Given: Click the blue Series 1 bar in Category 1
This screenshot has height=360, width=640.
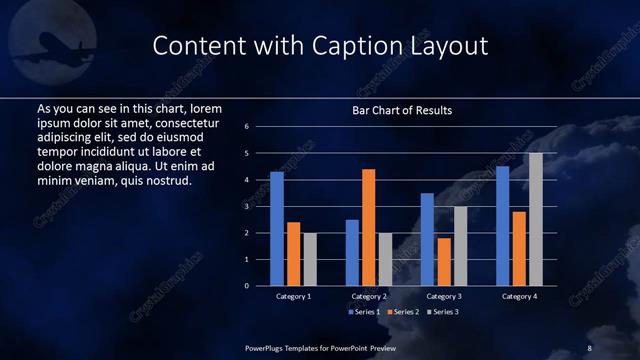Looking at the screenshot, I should point(277,229).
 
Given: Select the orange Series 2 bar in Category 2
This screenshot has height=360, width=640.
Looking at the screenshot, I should point(369,227).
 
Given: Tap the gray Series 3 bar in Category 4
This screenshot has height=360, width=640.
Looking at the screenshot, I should point(536,219).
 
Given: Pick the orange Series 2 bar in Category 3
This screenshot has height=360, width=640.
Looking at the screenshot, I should point(444,261).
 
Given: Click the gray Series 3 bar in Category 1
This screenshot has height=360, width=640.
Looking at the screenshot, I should point(310,259).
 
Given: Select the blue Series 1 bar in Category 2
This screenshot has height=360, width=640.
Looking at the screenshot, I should point(352,252).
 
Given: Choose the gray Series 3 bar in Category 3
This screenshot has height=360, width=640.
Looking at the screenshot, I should point(460,246).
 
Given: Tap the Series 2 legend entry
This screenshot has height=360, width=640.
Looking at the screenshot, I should point(402,312).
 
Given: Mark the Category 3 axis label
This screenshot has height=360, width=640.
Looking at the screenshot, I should point(444,297).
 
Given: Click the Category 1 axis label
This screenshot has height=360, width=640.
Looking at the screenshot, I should point(293,297).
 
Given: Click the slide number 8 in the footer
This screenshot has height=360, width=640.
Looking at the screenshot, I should point(589,347).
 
